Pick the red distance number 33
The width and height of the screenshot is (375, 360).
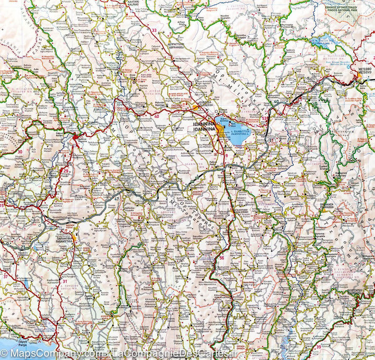[x=154, y=30]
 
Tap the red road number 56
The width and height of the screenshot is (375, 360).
[x=221, y=258]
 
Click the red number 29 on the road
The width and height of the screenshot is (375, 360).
[x=66, y=170]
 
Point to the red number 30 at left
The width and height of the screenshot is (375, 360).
[x=19, y=152]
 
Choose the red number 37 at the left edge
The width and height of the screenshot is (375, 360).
[x=5, y=276]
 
